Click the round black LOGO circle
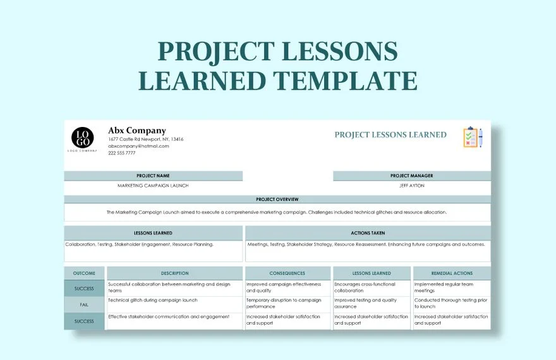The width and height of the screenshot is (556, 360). tap(83, 137)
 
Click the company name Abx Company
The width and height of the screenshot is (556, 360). tap(136, 131)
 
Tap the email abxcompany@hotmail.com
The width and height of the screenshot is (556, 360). tap(138, 146)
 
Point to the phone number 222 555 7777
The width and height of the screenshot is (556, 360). tap(121, 153)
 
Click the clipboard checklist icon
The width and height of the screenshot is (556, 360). tap(471, 137)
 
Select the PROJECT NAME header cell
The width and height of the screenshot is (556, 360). tap(153, 176)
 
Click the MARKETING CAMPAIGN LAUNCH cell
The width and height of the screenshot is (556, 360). tap(153, 186)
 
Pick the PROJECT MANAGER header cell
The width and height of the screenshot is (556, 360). tap(411, 176)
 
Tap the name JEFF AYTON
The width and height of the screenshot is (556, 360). tap(411, 186)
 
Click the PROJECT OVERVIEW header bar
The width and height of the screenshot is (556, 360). tap(277, 199)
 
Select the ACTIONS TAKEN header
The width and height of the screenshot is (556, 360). tap(368, 233)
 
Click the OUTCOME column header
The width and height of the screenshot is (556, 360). tap(84, 273)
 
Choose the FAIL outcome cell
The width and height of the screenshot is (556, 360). tap(84, 304)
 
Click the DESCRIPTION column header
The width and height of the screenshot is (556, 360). tap(174, 273)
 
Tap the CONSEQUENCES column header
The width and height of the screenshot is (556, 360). tap(287, 273)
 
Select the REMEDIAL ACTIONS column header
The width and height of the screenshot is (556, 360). tap(451, 273)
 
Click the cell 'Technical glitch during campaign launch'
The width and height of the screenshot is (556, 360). tap(153, 301)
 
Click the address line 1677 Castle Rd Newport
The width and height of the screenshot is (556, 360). tap(145, 139)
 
